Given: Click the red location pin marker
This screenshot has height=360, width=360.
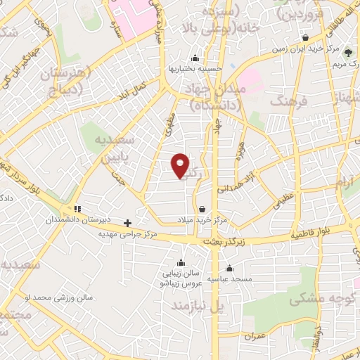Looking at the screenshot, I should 181,165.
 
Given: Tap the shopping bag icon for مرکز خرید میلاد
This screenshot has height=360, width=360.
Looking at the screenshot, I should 202,209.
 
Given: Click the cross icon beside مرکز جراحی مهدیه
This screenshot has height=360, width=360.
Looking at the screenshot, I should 127,224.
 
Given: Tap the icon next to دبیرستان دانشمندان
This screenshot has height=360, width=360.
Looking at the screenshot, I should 77,209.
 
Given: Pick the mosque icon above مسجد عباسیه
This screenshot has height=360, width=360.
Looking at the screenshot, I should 230,268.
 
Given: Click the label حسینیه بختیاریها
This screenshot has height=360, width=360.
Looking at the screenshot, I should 195,68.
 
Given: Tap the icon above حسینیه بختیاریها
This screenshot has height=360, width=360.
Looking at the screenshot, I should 195,58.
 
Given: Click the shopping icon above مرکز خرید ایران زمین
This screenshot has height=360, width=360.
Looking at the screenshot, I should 305,38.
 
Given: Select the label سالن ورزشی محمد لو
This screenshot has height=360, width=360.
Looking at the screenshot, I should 58,298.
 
